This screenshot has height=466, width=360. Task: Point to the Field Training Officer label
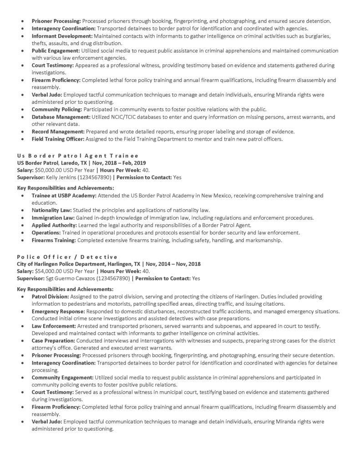click(57, 139)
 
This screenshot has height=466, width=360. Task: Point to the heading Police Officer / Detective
click(67, 257)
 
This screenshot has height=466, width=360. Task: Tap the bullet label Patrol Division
click(50, 296)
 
